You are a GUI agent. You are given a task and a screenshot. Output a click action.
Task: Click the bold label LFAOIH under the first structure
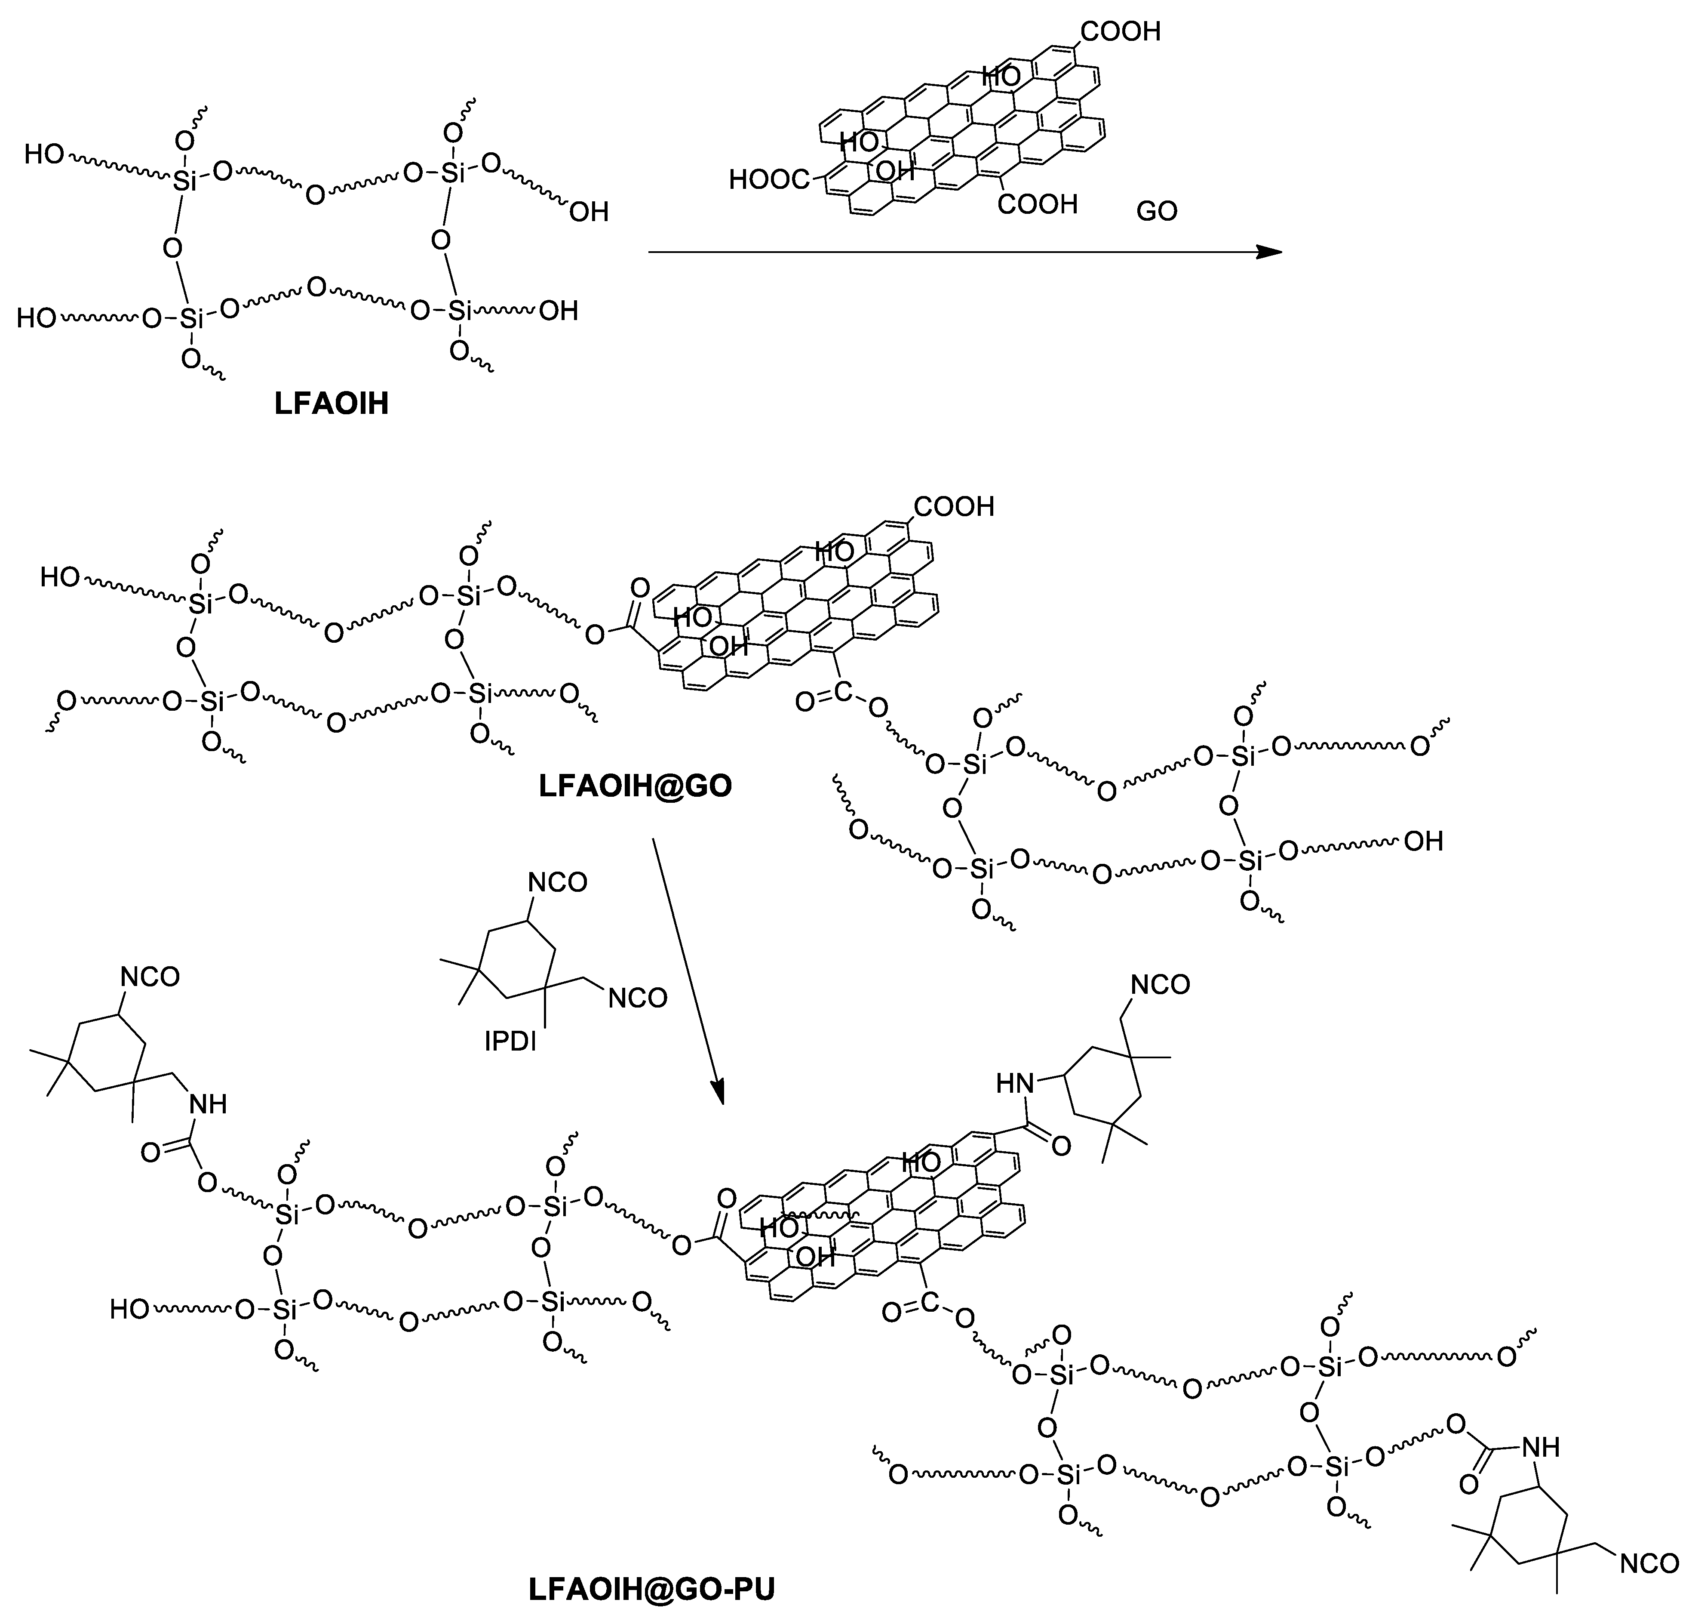[332, 404]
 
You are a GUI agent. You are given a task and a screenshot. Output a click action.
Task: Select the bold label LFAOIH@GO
[636, 786]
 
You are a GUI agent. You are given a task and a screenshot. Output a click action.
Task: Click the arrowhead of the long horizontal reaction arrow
[1269, 252]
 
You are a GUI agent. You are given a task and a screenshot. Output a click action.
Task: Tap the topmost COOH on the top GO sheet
[1121, 32]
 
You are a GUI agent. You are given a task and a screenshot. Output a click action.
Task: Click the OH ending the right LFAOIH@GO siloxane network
[1423, 841]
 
